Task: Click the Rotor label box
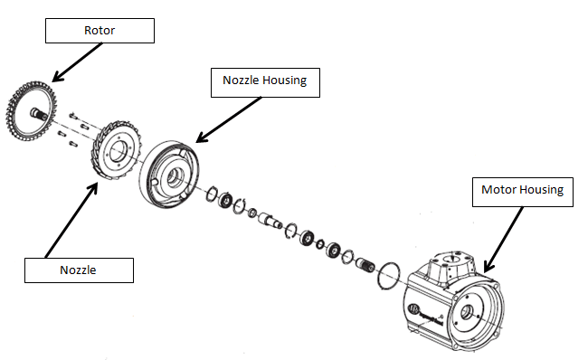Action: point(100,31)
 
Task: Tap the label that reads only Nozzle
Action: point(78,270)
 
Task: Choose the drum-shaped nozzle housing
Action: point(169,172)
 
